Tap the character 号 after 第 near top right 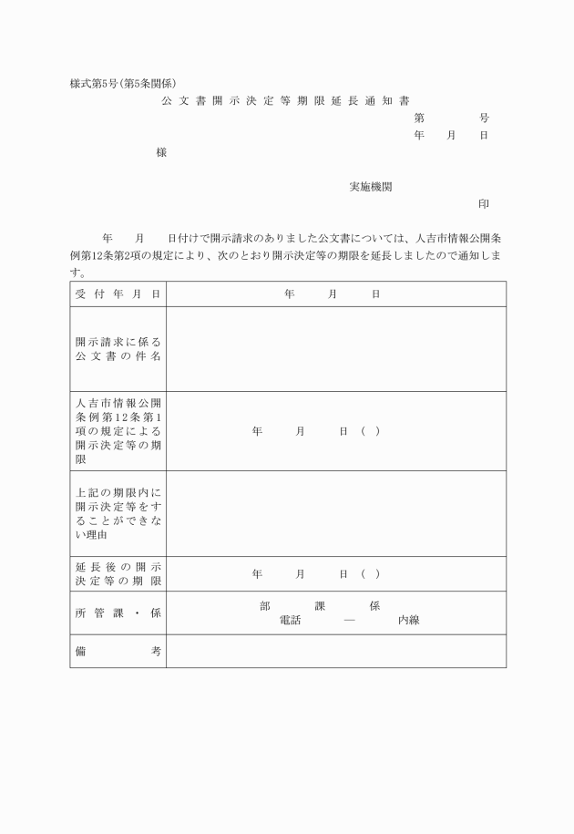point(483,118)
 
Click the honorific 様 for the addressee point(161,153)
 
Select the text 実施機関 point(371,187)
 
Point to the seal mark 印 point(483,204)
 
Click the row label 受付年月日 point(118,294)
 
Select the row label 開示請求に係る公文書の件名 point(118,348)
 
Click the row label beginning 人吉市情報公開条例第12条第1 point(118,430)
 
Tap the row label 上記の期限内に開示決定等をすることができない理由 point(118,513)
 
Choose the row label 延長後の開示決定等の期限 point(118,573)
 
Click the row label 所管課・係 point(118,613)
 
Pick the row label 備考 point(118,651)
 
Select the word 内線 point(407,620)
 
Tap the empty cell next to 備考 point(335,651)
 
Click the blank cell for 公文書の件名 point(335,348)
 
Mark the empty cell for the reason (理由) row point(335,513)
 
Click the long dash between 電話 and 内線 point(349,620)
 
